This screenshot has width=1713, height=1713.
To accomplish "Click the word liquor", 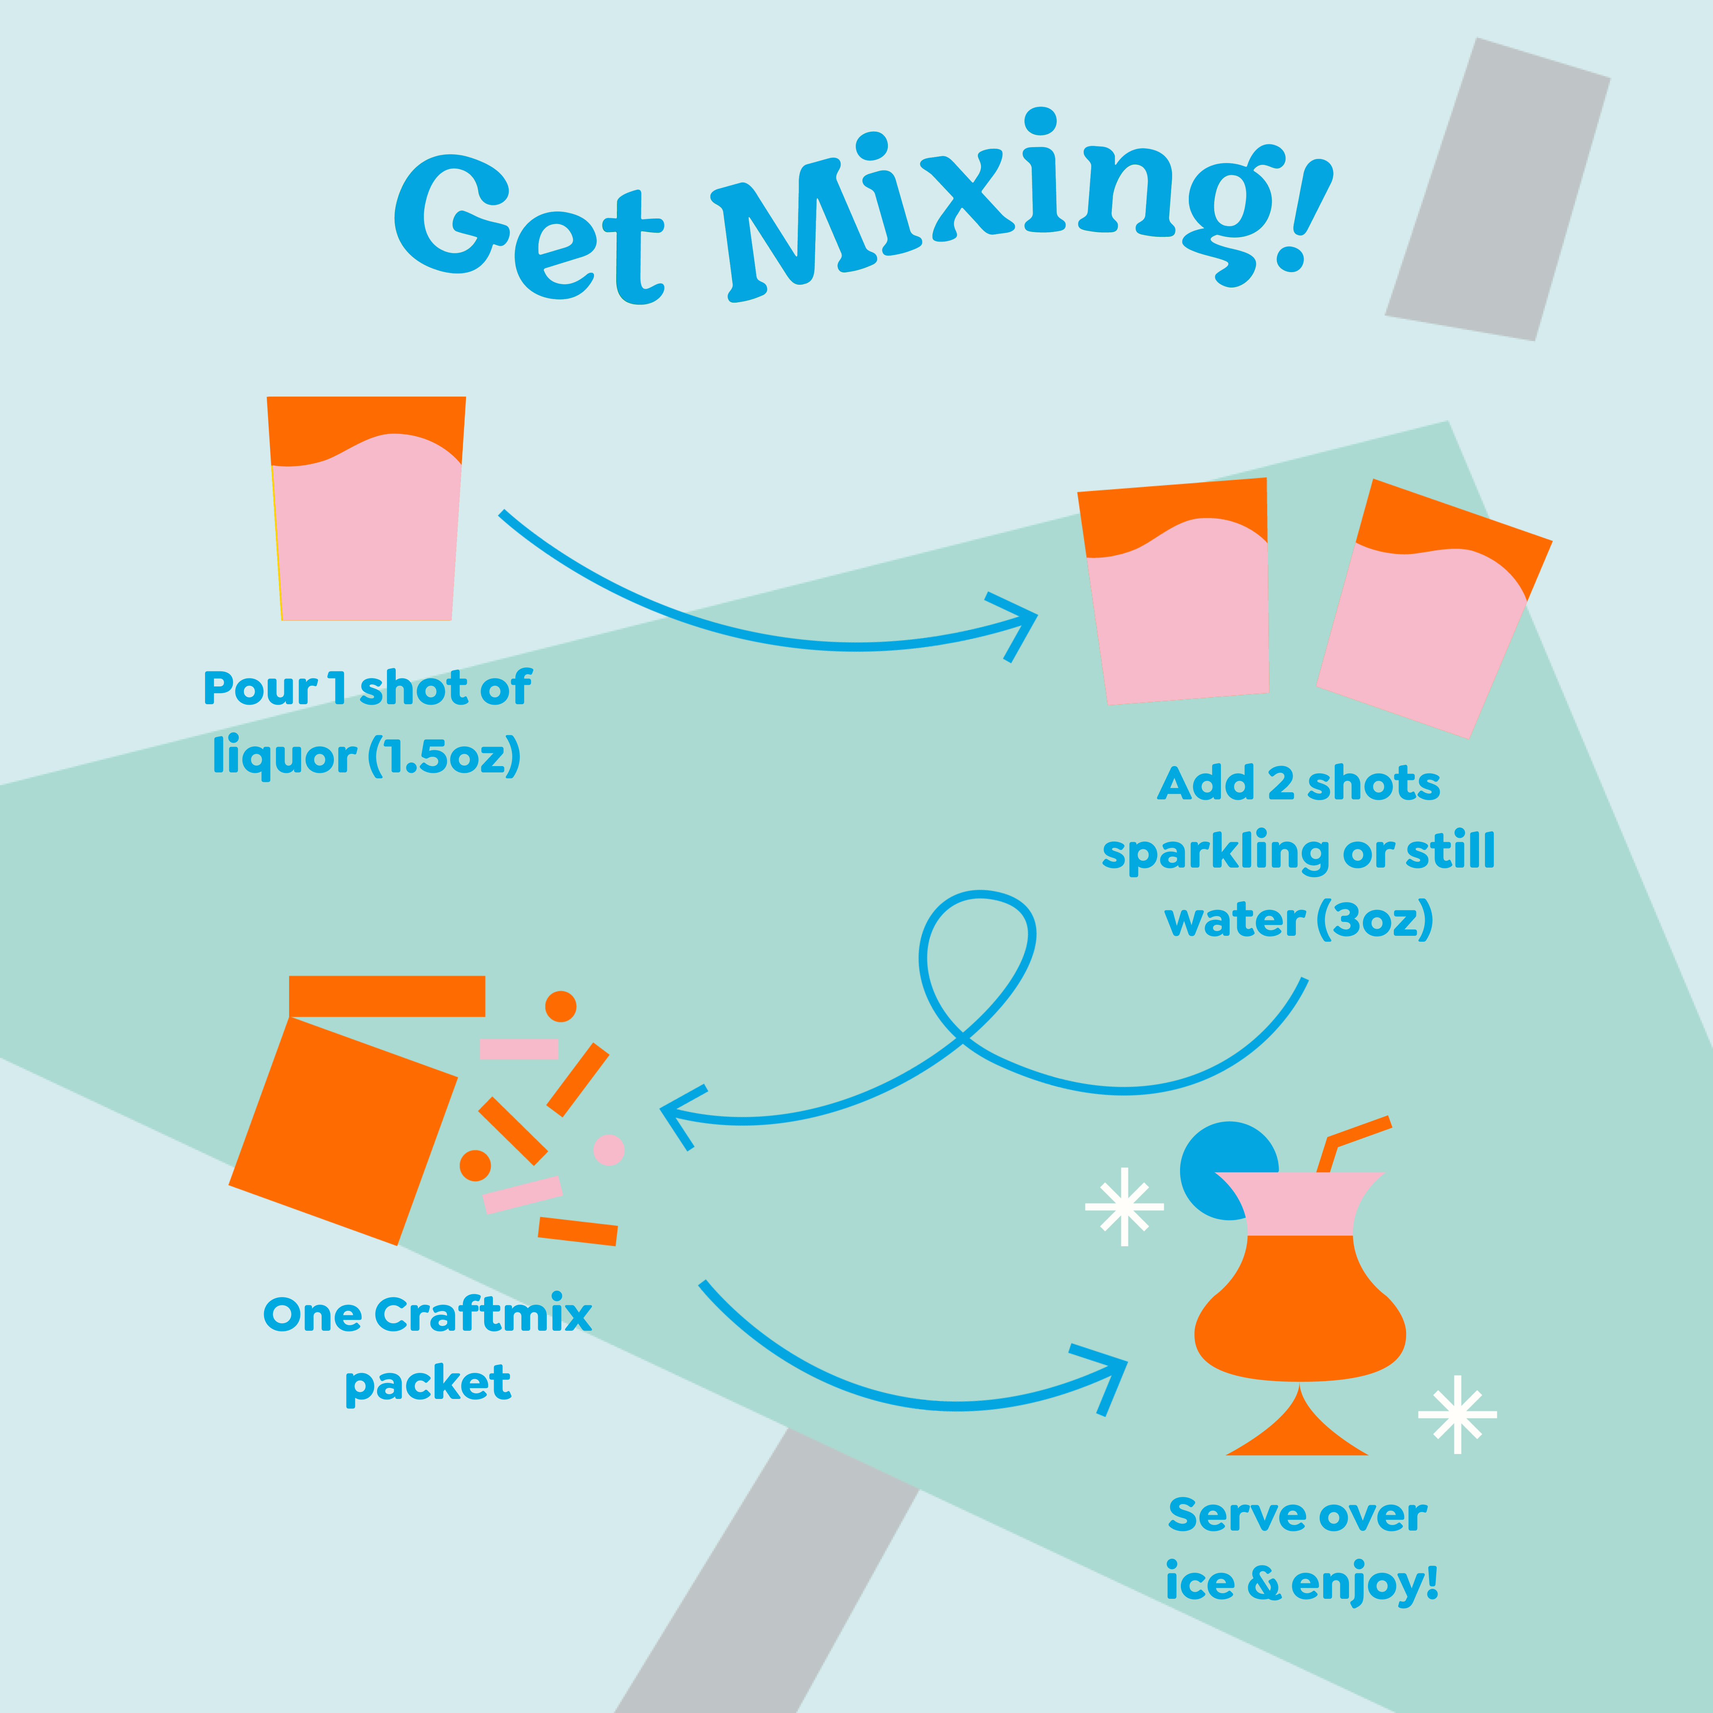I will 284,756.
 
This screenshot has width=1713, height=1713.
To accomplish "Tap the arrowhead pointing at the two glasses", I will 1019,621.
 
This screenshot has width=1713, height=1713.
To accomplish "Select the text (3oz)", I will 1374,920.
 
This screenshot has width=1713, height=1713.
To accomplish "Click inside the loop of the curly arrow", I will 975,958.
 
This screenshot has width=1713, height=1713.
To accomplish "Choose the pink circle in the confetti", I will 608,1150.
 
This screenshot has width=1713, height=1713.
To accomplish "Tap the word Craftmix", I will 483,1315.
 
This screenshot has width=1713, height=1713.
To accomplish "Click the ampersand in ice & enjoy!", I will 1263,1584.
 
